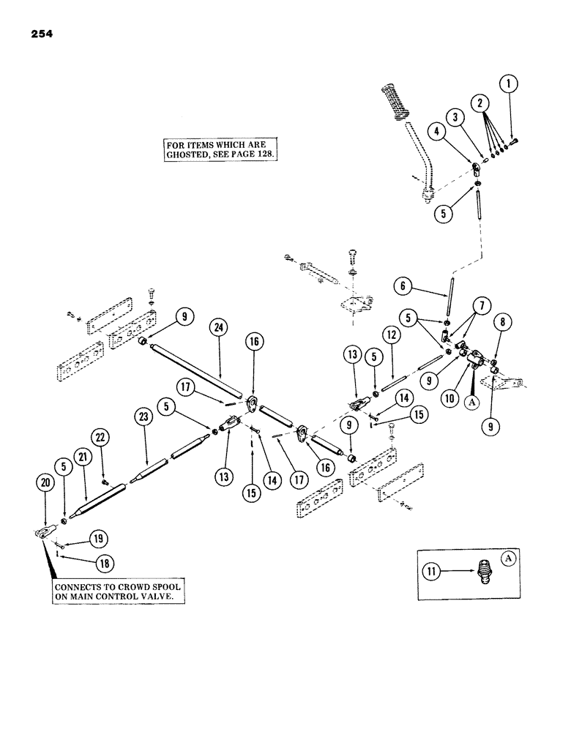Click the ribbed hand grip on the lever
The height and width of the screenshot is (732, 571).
[x=400, y=105]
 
